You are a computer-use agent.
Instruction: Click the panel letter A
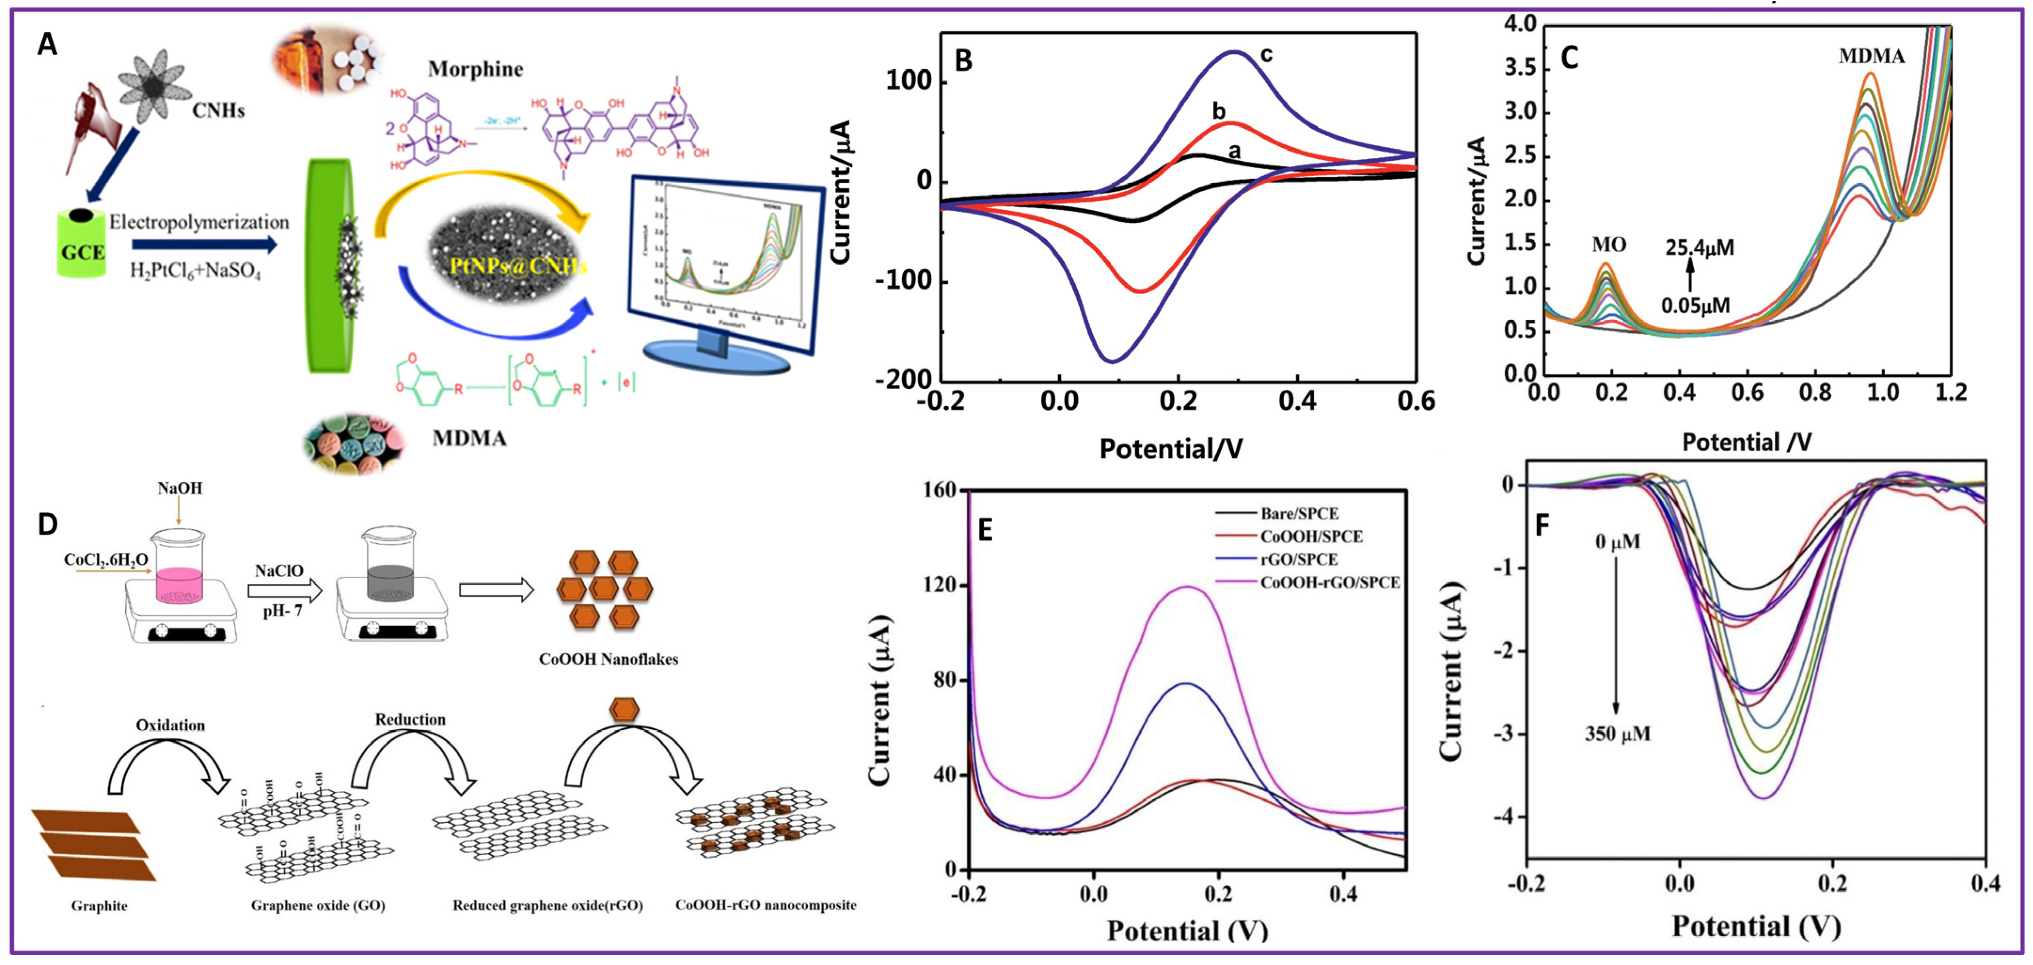[47, 45]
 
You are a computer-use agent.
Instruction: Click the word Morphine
[475, 70]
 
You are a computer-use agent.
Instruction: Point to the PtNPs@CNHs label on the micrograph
[518, 266]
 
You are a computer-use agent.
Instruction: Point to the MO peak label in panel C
[1609, 244]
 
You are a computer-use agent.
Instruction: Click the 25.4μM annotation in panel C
[1700, 248]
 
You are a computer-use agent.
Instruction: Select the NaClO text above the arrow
[279, 571]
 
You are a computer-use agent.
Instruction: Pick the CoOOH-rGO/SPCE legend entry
[1330, 582]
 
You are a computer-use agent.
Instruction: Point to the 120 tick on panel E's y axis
[940, 586]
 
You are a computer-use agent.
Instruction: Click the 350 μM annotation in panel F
[1617, 734]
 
